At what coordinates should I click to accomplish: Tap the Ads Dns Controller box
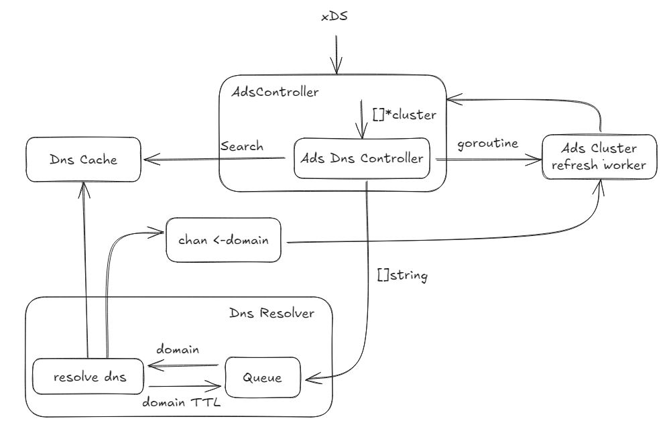[362, 159]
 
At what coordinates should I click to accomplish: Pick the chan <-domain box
[223, 239]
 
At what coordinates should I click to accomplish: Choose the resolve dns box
[89, 377]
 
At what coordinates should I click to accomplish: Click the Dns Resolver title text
[271, 312]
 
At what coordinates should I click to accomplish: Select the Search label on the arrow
[241, 145]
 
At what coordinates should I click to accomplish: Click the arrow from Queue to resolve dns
[184, 366]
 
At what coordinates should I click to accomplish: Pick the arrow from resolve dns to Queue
[184, 387]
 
